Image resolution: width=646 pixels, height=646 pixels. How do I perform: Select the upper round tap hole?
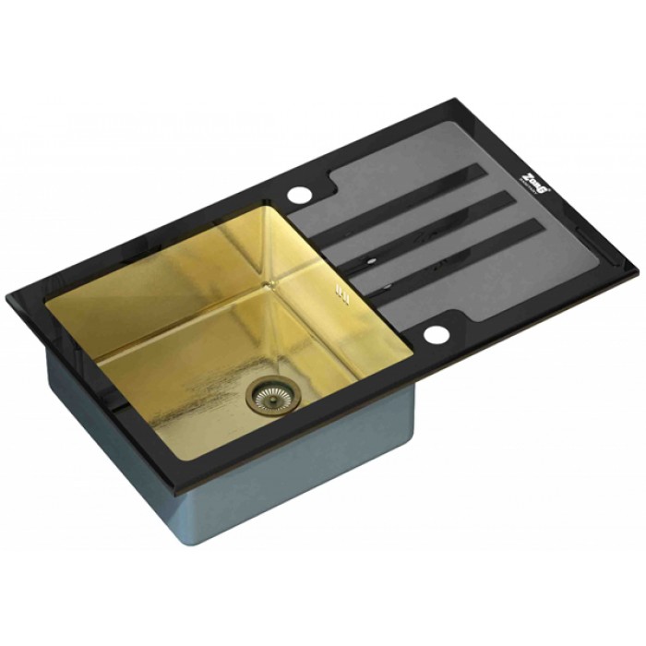pos(301,195)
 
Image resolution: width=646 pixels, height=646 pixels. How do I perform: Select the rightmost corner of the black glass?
pos(638,272)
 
